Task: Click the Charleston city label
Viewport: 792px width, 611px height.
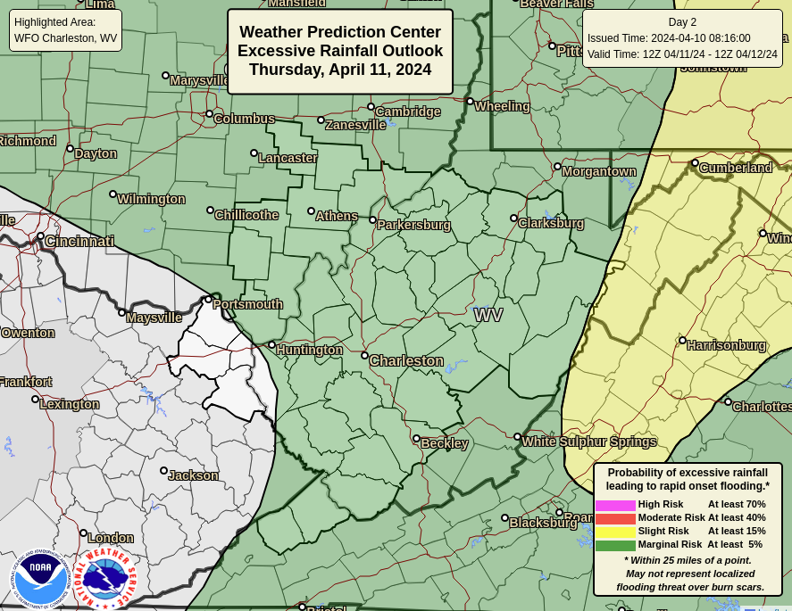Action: tap(406, 361)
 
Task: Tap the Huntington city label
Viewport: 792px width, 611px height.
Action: tap(309, 350)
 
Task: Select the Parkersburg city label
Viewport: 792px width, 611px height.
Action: tap(413, 225)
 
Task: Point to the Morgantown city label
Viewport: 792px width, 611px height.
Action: tap(599, 171)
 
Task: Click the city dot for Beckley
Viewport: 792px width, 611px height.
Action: tap(416, 438)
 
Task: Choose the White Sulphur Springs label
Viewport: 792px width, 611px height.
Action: tap(589, 442)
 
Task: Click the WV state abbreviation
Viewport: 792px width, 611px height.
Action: tap(488, 315)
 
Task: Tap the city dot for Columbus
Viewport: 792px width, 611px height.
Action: tap(209, 113)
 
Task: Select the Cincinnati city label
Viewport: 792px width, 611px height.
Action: tap(79, 242)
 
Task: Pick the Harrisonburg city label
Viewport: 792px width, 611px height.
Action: tap(726, 345)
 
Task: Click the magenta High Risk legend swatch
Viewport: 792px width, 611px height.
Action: tap(615, 505)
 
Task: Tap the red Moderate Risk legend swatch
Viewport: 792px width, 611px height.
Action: tap(615, 518)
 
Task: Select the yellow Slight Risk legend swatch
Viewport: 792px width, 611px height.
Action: tap(615, 532)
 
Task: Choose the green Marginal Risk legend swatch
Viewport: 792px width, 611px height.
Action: tap(615, 545)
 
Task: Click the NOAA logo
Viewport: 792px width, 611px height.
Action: tap(40, 578)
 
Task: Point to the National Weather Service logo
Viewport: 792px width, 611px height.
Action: tap(104, 578)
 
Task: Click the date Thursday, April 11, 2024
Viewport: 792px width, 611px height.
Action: tap(340, 70)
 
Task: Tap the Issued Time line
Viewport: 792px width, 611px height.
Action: tap(669, 38)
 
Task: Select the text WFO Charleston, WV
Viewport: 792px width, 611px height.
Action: tap(66, 38)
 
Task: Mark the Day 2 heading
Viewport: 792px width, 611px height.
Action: tap(682, 22)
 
